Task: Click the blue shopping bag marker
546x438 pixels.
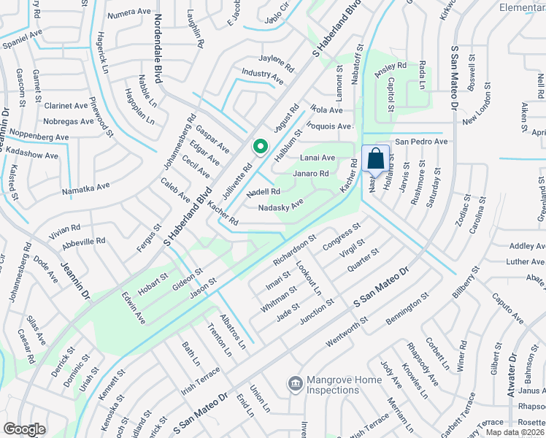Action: pos(375,159)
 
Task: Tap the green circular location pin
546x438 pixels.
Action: pos(259,147)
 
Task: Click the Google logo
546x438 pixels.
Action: pos(24,429)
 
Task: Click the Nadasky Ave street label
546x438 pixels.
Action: pos(281,207)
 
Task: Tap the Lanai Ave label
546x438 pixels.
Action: pos(317,158)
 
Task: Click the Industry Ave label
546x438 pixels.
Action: pos(263,74)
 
